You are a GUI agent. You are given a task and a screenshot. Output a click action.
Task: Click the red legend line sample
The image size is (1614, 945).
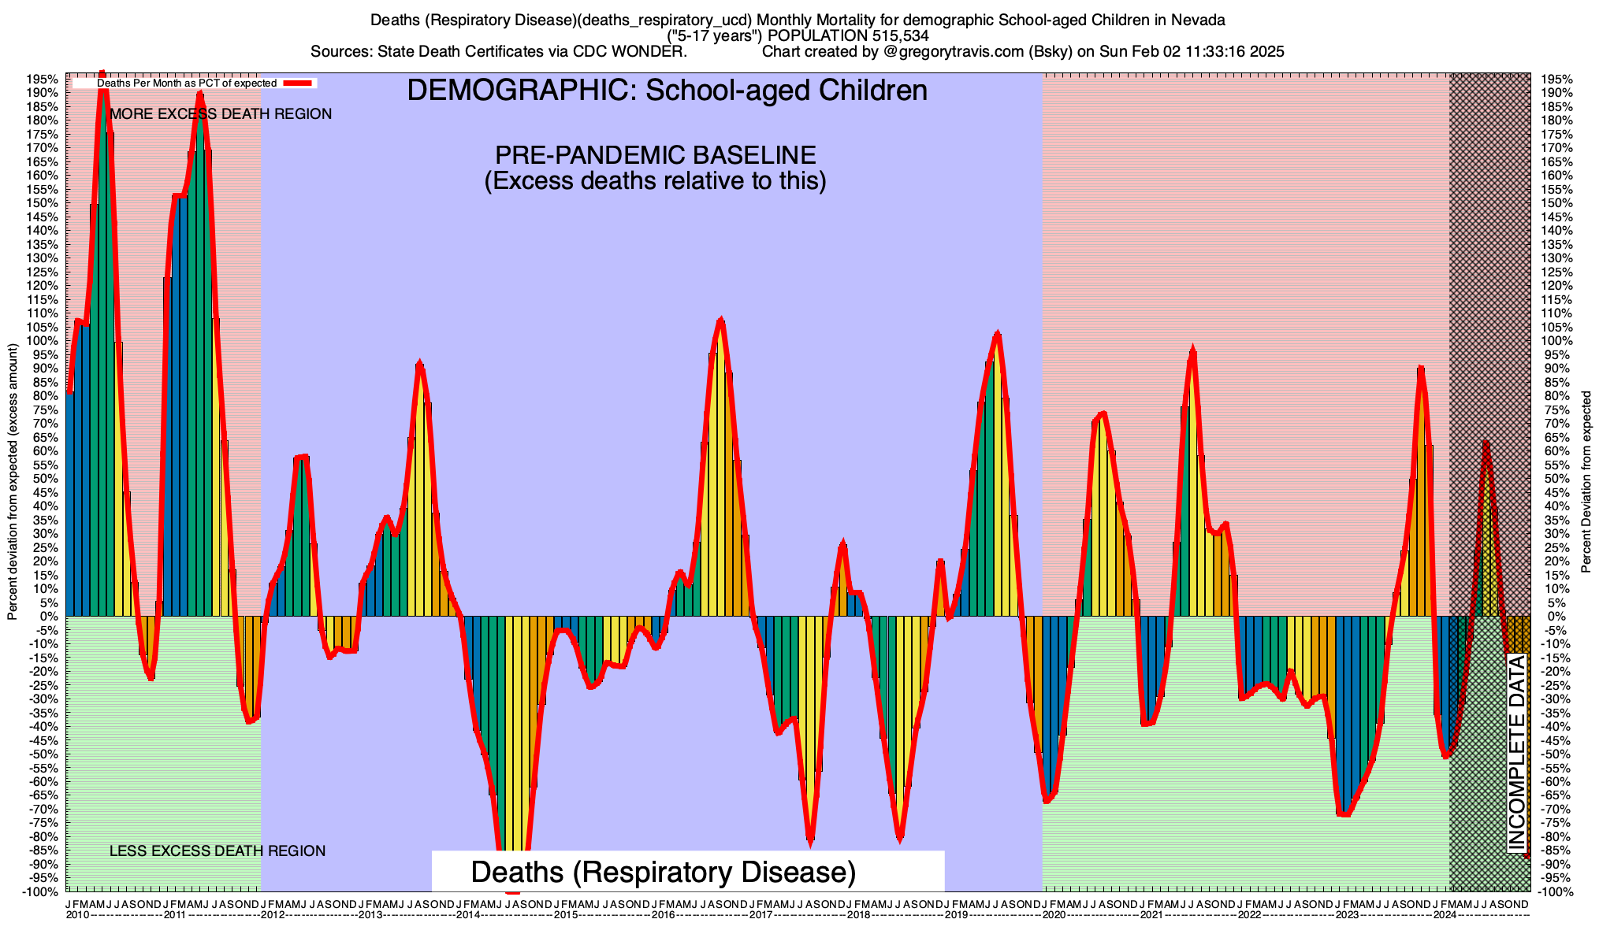coord(299,83)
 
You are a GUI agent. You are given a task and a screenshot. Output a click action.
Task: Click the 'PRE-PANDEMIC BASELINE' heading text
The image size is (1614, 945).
coord(655,154)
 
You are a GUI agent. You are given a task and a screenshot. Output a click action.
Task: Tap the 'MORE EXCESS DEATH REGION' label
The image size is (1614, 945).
coord(221,114)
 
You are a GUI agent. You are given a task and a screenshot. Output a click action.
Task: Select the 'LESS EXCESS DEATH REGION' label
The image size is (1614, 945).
coord(217,851)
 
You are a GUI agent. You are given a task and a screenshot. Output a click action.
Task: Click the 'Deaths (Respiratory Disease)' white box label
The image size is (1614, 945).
coord(663,873)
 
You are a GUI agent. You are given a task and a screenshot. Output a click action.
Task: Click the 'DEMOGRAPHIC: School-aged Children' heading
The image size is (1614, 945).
coord(667,91)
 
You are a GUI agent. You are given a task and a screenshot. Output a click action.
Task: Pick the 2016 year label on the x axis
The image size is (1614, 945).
coord(663,915)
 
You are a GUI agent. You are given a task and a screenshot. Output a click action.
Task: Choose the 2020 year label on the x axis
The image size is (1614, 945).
coord(1054,915)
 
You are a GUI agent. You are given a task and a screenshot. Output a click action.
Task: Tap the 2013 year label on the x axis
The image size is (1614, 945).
coord(370,915)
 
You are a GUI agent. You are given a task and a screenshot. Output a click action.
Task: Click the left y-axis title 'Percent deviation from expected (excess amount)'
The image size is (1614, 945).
coord(13,482)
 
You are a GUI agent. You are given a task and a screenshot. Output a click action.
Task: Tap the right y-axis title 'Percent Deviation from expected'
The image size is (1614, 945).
coord(1586,482)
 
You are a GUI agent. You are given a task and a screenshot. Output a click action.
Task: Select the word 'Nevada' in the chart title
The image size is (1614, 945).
coord(1200,20)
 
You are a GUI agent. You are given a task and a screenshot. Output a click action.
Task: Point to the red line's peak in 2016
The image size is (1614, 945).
coord(720,320)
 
